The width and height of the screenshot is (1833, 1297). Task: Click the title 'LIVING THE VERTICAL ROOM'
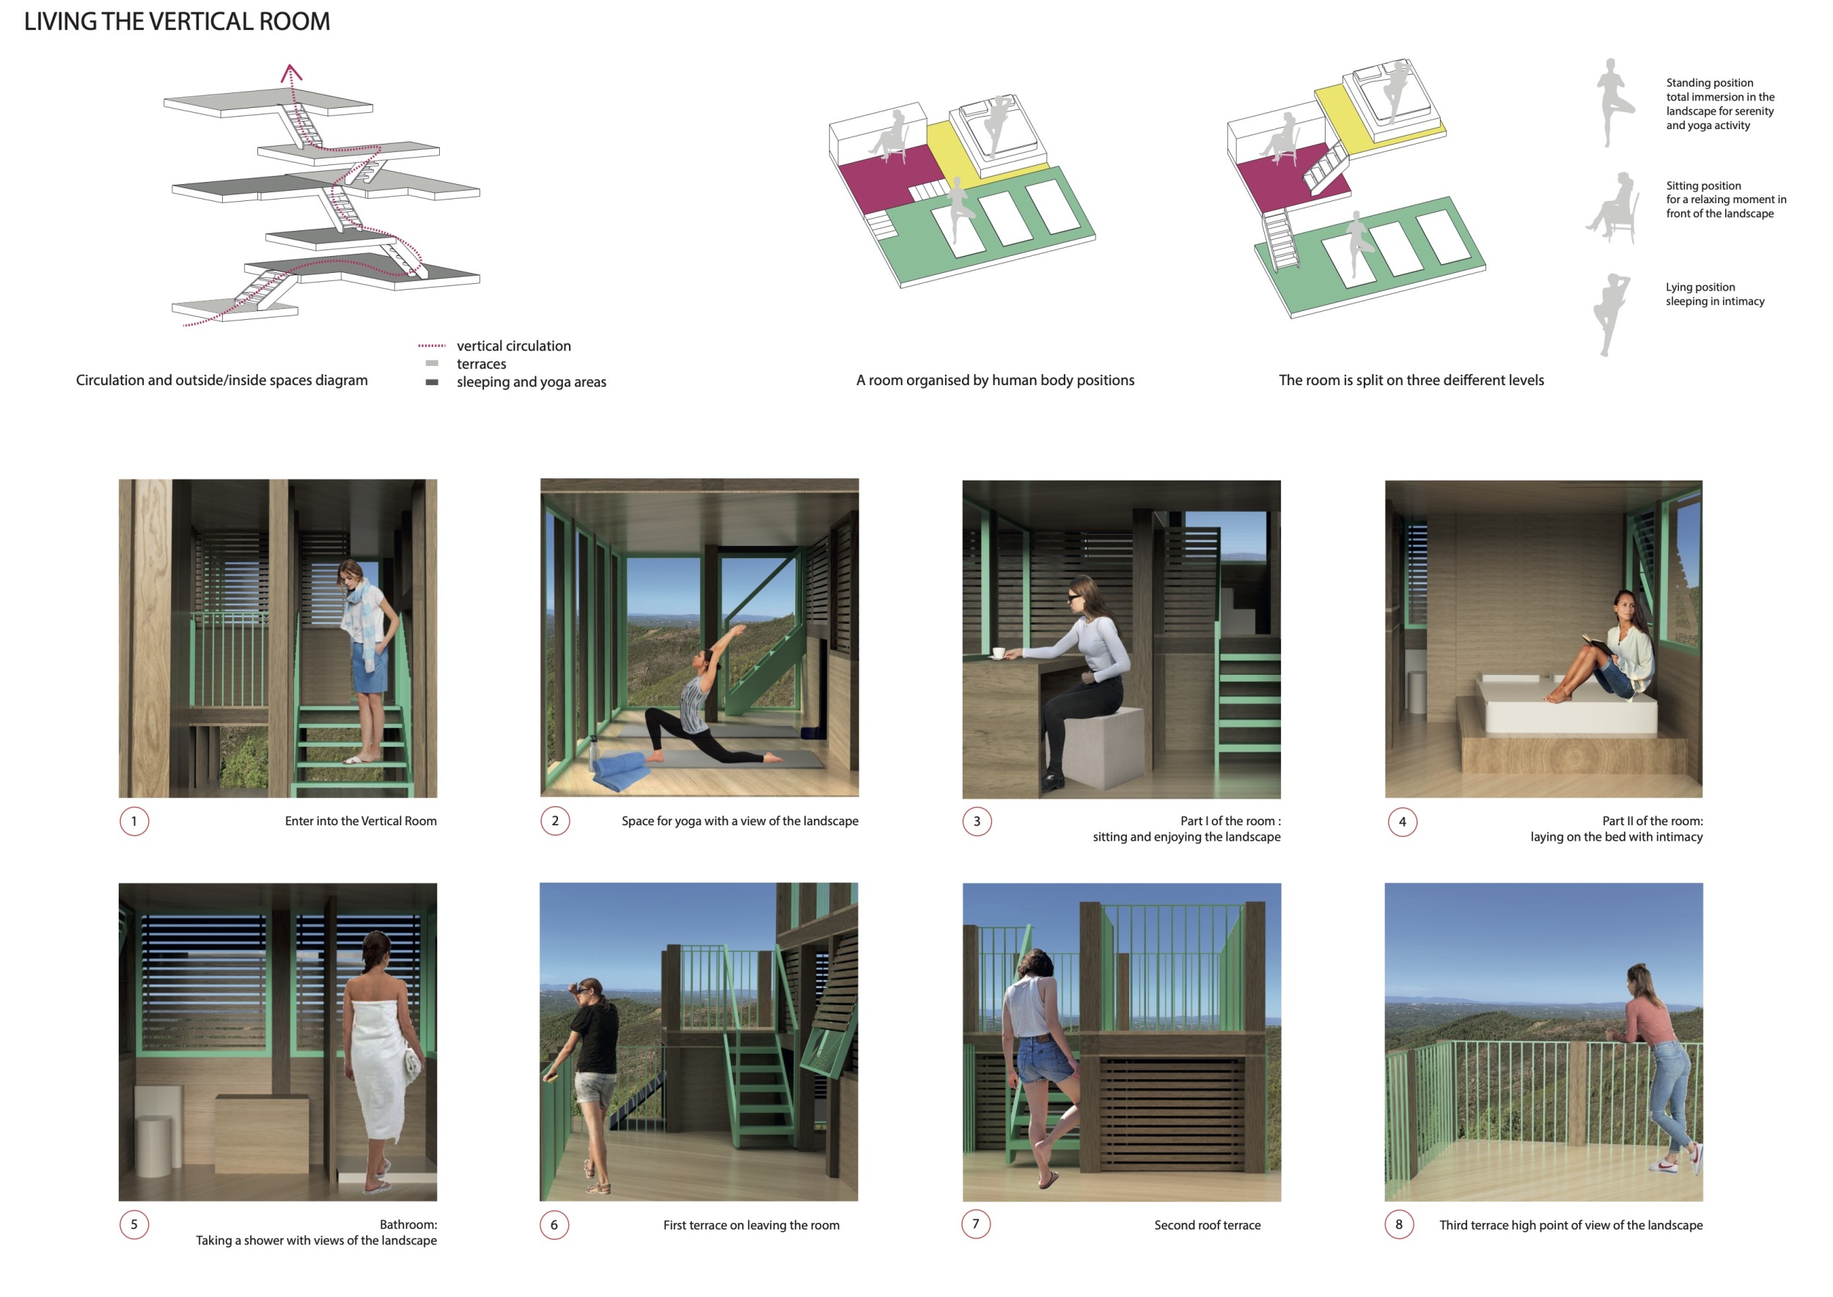point(177,21)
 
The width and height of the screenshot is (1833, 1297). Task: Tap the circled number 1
point(134,821)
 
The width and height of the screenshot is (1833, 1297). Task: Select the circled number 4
point(1402,822)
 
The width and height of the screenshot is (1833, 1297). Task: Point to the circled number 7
point(976,1224)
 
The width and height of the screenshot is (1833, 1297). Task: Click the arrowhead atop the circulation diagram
point(290,73)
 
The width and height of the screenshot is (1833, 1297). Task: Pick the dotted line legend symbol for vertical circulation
point(432,346)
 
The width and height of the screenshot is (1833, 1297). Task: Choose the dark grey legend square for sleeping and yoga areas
point(432,382)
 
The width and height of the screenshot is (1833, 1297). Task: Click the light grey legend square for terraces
point(432,363)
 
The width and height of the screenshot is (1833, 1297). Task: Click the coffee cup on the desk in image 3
point(998,654)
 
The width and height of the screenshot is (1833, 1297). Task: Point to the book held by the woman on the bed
point(1598,643)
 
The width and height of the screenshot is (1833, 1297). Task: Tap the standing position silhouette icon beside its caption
point(1611,102)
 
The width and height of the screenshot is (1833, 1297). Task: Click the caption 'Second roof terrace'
point(1207,1225)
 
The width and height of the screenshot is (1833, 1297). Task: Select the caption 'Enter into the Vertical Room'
point(361,821)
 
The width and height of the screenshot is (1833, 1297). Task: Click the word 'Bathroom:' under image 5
point(408,1224)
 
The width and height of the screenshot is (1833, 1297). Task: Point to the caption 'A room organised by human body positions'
point(995,380)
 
